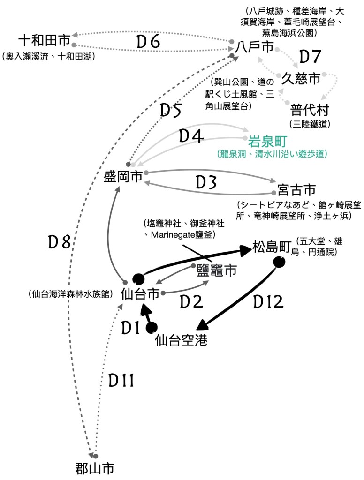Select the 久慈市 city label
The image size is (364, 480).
(x=301, y=78)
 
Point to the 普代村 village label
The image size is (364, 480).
(x=310, y=111)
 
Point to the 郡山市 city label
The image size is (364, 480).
(x=95, y=468)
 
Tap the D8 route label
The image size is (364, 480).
(x=60, y=242)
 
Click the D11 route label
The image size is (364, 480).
(x=121, y=381)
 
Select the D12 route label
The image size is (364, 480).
(x=268, y=302)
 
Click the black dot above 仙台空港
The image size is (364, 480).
(x=152, y=328)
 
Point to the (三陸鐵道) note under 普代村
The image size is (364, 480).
(x=310, y=124)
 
